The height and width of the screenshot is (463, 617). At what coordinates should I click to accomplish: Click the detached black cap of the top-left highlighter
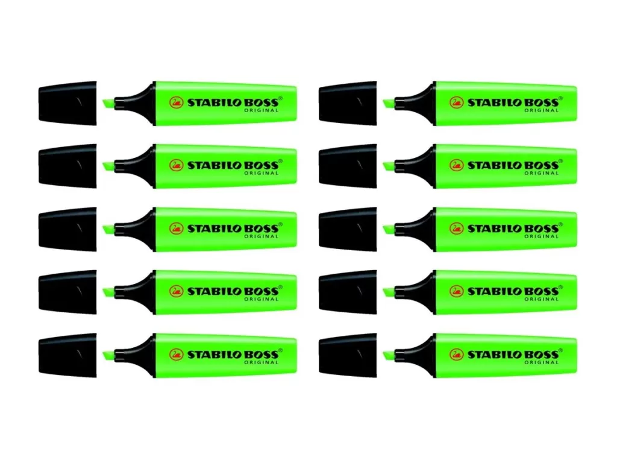click(x=67, y=103)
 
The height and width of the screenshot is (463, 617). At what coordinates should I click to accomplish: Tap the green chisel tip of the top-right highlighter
click(x=389, y=104)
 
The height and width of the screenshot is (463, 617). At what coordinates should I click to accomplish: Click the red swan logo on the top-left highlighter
click(x=177, y=103)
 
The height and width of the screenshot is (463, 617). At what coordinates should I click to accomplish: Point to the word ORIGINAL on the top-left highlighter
click(x=262, y=111)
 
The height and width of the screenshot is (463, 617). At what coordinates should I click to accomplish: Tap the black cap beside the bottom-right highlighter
click(x=348, y=355)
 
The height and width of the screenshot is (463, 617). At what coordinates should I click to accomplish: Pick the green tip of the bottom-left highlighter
click(x=108, y=356)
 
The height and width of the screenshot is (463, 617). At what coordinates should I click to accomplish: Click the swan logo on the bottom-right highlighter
click(x=457, y=354)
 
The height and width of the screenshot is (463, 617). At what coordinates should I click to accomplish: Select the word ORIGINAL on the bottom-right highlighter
click(x=542, y=362)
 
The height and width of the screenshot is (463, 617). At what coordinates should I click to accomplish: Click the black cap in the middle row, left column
click(x=67, y=229)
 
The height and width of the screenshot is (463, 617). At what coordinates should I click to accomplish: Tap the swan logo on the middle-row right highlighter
click(x=457, y=228)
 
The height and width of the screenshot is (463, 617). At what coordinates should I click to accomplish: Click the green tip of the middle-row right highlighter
click(x=389, y=230)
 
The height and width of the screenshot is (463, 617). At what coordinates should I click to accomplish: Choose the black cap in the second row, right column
click(x=348, y=166)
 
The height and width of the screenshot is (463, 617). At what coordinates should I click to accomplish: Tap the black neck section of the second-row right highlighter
click(x=415, y=166)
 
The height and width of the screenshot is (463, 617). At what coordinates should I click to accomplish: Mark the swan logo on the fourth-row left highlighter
click(x=177, y=291)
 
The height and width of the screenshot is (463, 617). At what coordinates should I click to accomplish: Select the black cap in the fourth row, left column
click(x=67, y=292)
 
